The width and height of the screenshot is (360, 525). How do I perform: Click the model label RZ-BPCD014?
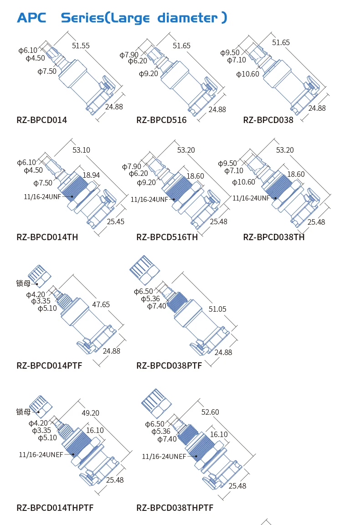pos(41,120)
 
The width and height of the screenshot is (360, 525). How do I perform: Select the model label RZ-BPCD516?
pos(161,120)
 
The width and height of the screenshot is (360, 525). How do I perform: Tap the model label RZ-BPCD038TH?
pos(273,237)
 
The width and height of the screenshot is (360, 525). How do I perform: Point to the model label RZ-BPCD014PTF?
pos(49,365)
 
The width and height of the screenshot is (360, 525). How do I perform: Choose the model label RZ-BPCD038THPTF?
pos(175,508)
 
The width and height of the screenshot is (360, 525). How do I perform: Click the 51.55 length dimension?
pos(81,46)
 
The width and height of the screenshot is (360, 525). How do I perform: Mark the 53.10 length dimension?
pos(81,150)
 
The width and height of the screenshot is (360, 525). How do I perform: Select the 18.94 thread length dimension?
pos(91,175)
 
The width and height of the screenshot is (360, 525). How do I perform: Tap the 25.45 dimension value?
pos(115,221)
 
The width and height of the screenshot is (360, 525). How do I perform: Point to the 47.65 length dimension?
pos(101,304)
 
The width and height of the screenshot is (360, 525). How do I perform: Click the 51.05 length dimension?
pos(217,309)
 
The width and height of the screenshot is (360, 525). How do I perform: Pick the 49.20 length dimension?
pos(90,413)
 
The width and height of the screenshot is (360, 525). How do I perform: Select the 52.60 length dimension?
pos(210,412)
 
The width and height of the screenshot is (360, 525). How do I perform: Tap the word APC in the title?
pos(31,18)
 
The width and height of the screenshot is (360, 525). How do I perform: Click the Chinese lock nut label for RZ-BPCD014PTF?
pos(23,283)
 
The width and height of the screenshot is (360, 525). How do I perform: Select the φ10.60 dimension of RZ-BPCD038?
pos(247,74)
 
